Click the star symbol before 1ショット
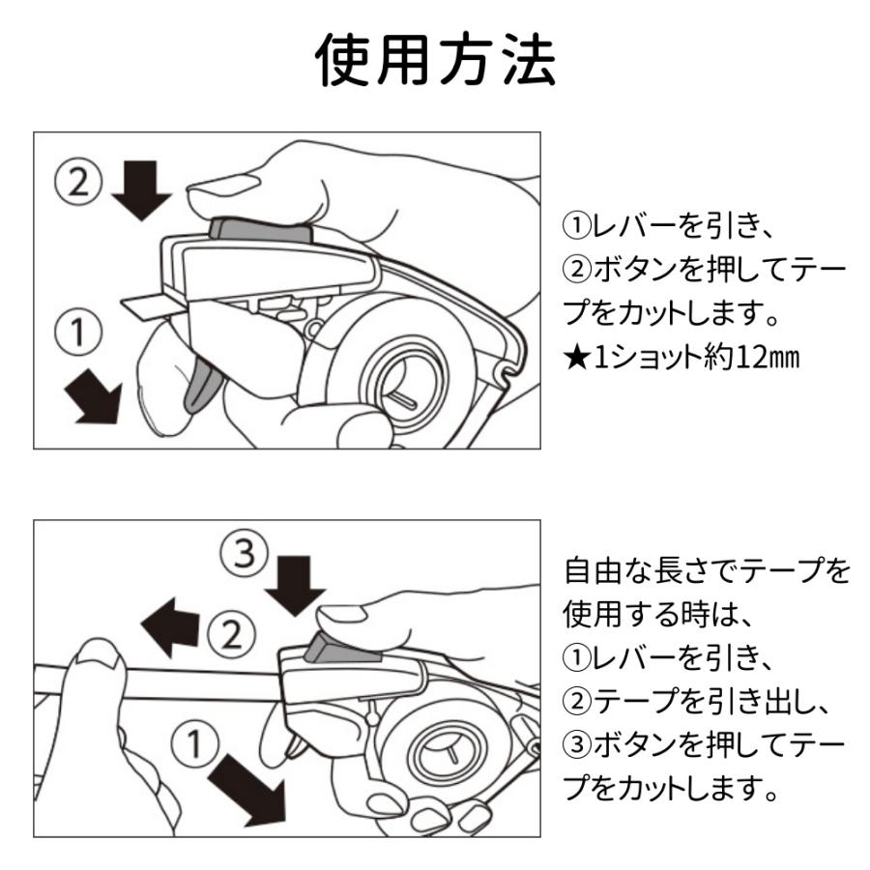click(x=575, y=359)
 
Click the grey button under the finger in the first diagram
click(x=259, y=229)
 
